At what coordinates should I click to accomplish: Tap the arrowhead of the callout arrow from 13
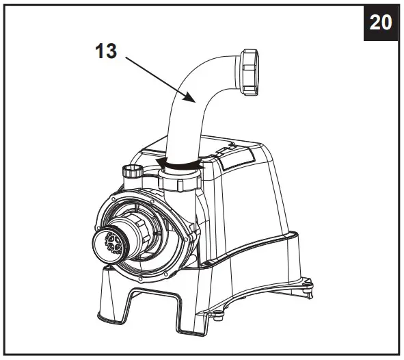[x=195, y=102]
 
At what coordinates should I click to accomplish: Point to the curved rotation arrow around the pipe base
[x=180, y=164]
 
